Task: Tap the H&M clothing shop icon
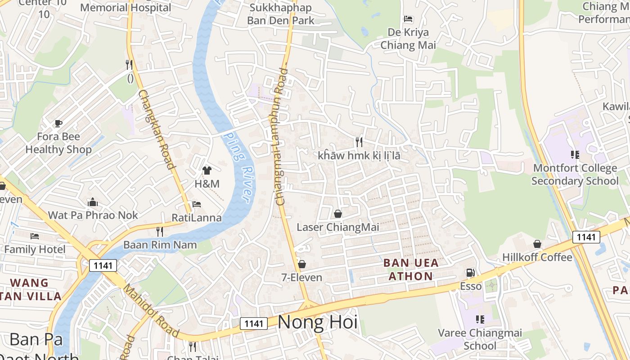207,171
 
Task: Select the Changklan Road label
156,130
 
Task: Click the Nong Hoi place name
318,322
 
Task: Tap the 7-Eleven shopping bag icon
302,264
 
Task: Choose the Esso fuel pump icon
470,273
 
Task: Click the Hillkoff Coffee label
537,257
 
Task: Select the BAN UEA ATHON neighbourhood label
411,269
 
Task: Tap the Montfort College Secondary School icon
575,155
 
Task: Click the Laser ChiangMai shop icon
338,214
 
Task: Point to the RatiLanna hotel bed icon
197,204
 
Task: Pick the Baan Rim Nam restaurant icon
160,231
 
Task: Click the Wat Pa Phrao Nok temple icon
93,202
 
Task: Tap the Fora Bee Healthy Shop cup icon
58,123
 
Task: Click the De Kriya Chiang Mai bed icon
408,19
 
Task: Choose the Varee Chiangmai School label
480,339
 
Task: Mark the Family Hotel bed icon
35,236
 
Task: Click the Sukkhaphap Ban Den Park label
281,14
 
